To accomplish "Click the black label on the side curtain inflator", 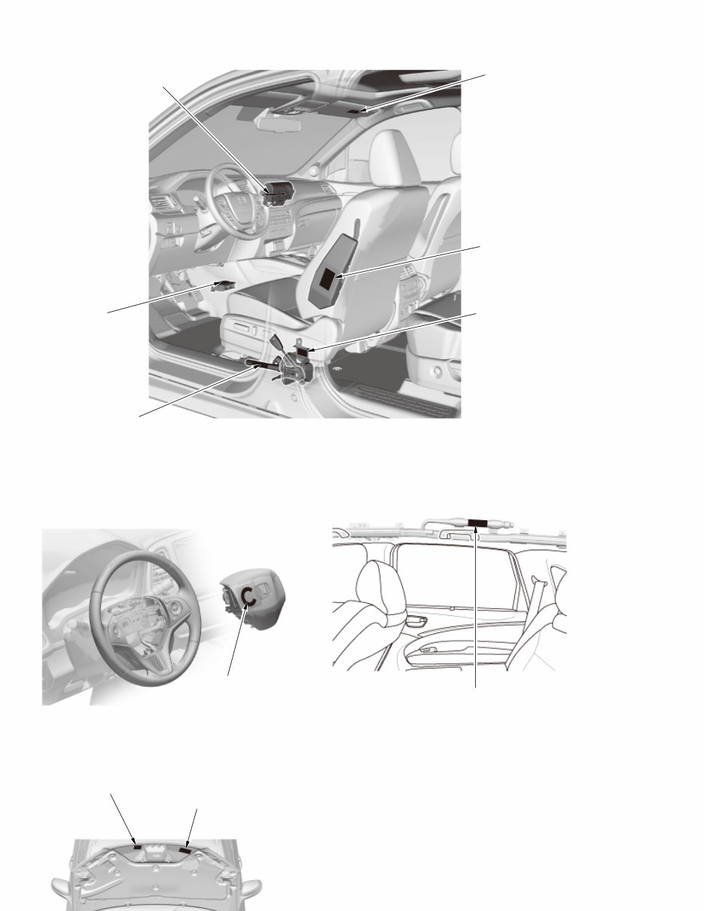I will pyautogui.click(x=478, y=523).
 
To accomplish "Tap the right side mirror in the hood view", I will pyautogui.click(x=251, y=886).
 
